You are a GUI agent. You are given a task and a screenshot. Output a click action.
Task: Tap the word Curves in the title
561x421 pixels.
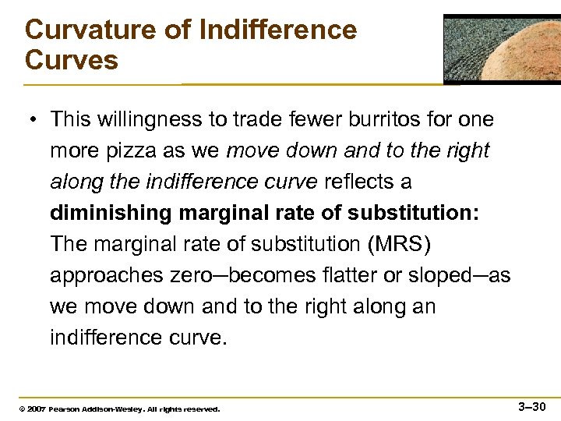[72, 60]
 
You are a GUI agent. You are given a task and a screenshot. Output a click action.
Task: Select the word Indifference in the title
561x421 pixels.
[278, 30]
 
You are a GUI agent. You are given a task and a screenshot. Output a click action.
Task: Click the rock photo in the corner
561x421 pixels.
[502, 48]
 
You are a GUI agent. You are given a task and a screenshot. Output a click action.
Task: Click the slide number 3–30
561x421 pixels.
[533, 405]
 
